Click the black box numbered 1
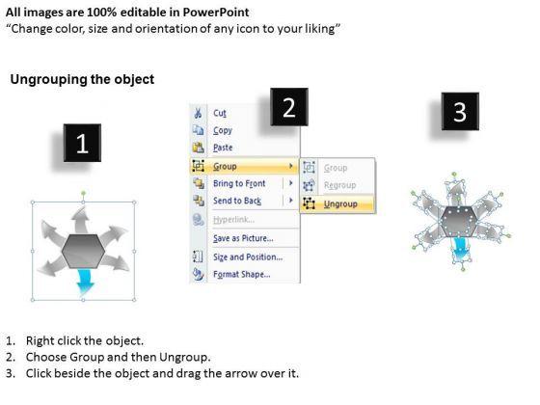(x=82, y=143)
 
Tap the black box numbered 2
(x=289, y=107)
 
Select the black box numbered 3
(x=460, y=111)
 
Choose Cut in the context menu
(x=220, y=113)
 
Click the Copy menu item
(x=223, y=130)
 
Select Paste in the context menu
(x=223, y=148)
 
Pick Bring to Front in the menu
(x=239, y=183)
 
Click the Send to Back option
(x=237, y=201)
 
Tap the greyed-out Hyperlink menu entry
(x=233, y=220)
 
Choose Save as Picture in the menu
(x=243, y=238)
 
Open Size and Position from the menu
(x=248, y=256)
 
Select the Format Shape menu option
(x=242, y=274)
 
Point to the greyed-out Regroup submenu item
(x=339, y=185)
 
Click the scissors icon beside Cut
(x=198, y=113)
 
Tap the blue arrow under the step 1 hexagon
(x=85, y=282)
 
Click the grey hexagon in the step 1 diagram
(x=83, y=251)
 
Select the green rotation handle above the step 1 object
(x=83, y=193)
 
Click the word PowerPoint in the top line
(x=216, y=13)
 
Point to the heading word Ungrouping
(x=49, y=79)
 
